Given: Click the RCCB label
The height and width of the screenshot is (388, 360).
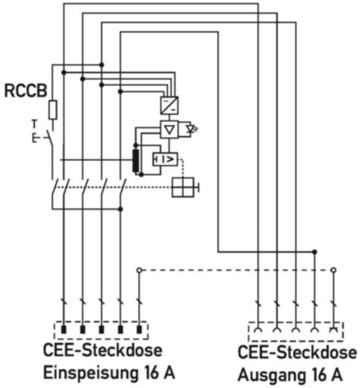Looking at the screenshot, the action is [x=26, y=91].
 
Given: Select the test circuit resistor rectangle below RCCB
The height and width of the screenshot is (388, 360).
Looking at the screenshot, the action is [x=52, y=110].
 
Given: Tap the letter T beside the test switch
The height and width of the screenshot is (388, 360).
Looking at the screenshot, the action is [x=35, y=124].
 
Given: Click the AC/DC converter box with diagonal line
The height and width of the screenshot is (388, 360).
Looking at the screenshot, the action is [x=169, y=105].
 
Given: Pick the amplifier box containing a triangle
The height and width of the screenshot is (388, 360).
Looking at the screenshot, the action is [x=169, y=129].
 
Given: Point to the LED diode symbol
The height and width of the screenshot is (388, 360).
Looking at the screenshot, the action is [x=191, y=129].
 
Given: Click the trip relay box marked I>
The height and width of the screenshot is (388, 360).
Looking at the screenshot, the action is [x=165, y=159].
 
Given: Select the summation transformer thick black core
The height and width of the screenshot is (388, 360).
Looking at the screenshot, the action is [x=136, y=160].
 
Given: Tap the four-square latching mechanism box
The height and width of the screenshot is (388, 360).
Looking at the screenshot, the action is [x=183, y=188].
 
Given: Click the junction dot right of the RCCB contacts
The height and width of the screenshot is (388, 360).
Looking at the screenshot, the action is [x=120, y=210].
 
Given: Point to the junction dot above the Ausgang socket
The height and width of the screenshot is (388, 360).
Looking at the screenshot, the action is [x=315, y=252].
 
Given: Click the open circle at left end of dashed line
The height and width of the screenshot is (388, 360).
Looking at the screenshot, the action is [x=139, y=270].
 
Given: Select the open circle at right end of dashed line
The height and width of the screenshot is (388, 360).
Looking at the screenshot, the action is [x=334, y=270].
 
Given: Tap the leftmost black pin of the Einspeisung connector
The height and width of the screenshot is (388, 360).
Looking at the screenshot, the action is [x=64, y=329].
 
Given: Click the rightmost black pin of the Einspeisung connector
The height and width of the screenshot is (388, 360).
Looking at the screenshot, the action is [x=139, y=329].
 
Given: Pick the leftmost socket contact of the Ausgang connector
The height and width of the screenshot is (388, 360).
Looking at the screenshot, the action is [x=258, y=330].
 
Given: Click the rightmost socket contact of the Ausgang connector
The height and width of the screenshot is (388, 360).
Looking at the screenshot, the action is [x=334, y=330].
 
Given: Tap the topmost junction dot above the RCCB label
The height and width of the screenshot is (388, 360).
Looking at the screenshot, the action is [x=101, y=65].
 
